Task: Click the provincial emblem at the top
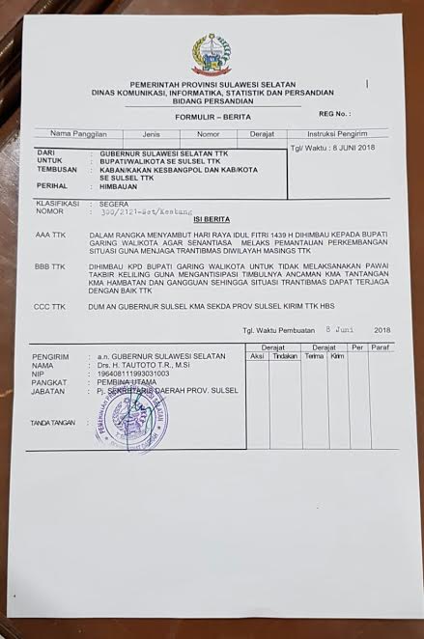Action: (211, 54)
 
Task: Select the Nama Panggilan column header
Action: (78, 133)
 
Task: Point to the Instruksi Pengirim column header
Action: (337, 134)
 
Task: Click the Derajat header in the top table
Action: (262, 134)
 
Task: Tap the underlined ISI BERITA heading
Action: (211, 219)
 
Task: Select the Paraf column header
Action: (382, 347)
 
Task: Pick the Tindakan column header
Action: (285, 355)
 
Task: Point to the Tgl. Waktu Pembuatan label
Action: (279, 330)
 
